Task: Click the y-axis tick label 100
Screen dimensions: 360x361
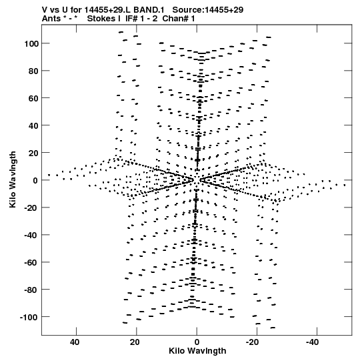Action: [31, 43]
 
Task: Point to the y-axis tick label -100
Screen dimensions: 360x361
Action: [29, 317]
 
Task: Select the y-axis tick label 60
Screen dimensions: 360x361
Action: [33, 98]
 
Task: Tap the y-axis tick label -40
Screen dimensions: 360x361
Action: [31, 235]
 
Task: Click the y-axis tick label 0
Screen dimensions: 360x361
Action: [35, 180]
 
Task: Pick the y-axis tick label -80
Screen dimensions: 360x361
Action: [31, 290]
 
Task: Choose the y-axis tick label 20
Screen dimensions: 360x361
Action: [33, 153]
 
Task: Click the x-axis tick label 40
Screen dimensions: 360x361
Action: [75, 342]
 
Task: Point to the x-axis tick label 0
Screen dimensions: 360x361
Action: [197, 342]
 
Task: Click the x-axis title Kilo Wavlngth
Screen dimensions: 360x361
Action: [197, 351]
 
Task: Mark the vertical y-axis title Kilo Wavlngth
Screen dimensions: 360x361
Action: [13, 179]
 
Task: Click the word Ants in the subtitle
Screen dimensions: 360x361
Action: [51, 19]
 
